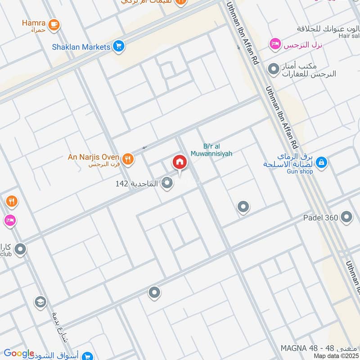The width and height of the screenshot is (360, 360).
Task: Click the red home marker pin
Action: pos(179,162)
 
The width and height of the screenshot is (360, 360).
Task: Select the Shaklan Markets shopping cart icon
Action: pos(119,46)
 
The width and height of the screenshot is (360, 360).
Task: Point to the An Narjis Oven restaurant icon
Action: pos(128,157)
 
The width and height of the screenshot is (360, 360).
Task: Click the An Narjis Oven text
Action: pos(93,157)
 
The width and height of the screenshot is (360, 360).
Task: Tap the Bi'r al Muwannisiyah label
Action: pos(218,150)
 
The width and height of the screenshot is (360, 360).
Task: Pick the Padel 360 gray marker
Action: pos(346,217)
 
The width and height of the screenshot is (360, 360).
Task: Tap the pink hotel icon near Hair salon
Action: pos(274,44)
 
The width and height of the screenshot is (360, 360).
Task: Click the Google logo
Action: pos(19,353)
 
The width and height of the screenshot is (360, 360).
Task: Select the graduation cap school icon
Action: pos(40,301)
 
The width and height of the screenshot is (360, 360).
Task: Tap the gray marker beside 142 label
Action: pos(167,183)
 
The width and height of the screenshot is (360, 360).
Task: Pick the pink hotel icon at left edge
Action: pos(9,220)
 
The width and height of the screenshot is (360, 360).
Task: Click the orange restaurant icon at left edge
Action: pos(11,202)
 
